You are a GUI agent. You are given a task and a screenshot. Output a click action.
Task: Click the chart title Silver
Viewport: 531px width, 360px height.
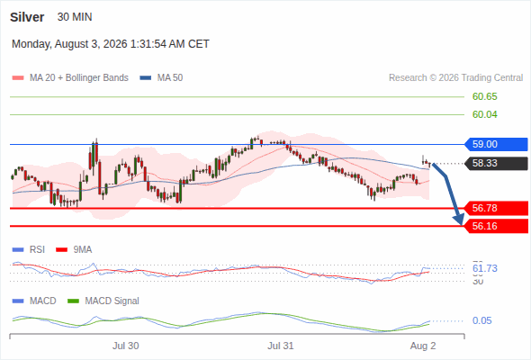[x=27, y=17]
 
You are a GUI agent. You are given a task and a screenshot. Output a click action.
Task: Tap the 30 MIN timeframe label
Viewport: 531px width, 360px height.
[x=75, y=17]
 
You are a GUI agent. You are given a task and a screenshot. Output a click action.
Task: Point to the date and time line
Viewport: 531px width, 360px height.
[x=111, y=44]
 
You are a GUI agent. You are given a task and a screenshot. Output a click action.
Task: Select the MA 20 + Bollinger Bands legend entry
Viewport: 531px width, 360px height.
[x=70, y=78]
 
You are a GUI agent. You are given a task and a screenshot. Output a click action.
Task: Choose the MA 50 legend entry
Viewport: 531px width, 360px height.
[x=161, y=78]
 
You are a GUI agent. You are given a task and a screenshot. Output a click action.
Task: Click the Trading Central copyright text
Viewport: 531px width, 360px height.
[x=455, y=78]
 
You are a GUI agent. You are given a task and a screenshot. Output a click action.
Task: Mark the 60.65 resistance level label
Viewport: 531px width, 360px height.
[x=485, y=97]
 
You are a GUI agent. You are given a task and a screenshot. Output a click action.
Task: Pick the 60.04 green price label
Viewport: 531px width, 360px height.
[x=485, y=115]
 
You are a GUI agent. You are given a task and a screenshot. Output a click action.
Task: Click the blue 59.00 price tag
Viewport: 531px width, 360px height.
[x=496, y=144]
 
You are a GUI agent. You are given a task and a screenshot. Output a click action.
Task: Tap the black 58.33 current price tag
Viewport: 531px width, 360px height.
[x=496, y=163]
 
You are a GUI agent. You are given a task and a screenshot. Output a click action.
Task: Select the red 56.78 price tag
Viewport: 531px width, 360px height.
[x=496, y=208]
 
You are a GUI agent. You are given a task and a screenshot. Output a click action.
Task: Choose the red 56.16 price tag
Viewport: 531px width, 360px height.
[x=496, y=226]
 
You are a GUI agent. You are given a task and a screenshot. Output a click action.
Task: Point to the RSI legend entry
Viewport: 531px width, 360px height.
[x=29, y=250]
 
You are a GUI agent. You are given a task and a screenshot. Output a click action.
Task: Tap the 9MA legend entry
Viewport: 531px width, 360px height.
[x=74, y=250]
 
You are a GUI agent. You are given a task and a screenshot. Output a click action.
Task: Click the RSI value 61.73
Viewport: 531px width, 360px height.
[x=485, y=268]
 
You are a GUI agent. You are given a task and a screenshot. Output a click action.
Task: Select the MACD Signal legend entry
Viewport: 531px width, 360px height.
[x=103, y=301]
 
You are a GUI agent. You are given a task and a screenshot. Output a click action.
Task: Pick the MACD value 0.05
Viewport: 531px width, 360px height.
[x=481, y=320]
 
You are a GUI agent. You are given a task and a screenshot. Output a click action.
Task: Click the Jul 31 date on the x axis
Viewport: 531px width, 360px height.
[x=281, y=346]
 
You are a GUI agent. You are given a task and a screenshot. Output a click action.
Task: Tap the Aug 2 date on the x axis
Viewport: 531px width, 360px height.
[x=423, y=346]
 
